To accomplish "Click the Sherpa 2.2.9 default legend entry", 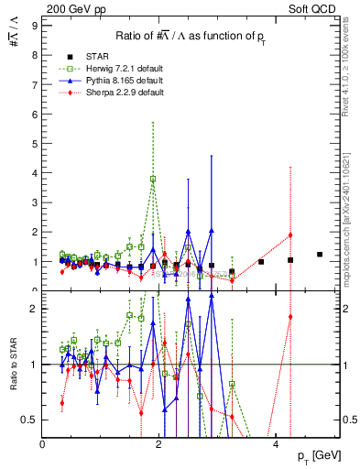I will tap(108, 93).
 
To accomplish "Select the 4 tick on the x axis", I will tap(276, 444).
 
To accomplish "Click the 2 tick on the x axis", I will tap(159, 444).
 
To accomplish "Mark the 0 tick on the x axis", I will tap(43, 444).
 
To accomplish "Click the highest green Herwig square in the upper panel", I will tap(153, 179).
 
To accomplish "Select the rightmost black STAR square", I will tap(320, 255).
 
